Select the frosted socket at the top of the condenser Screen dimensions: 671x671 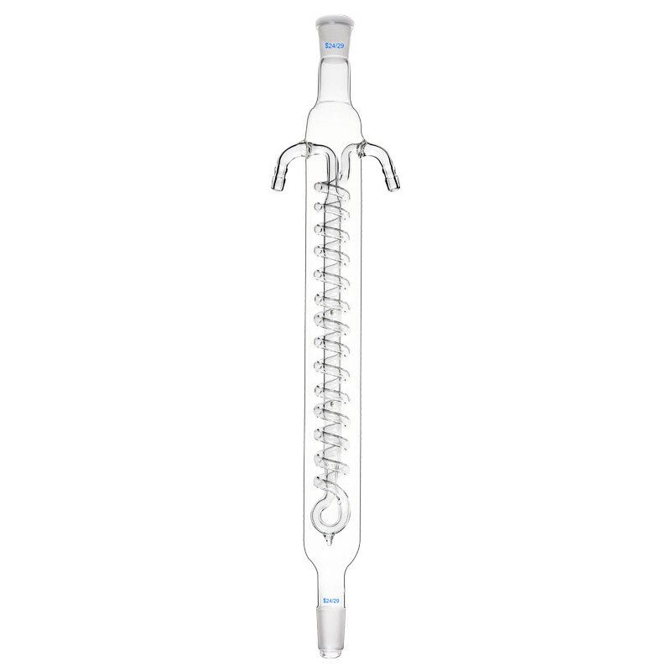[x=335, y=29]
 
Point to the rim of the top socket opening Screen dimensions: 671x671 [x=335, y=14]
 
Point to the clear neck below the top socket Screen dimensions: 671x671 [x=335, y=80]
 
